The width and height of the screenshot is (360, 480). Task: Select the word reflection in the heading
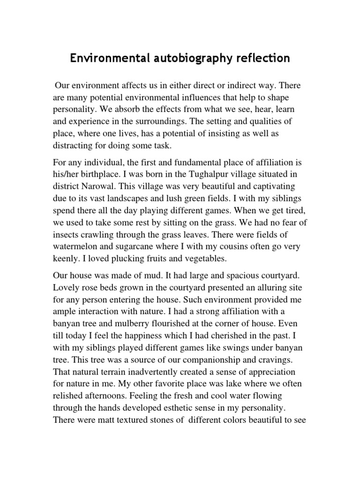tap(257, 59)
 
